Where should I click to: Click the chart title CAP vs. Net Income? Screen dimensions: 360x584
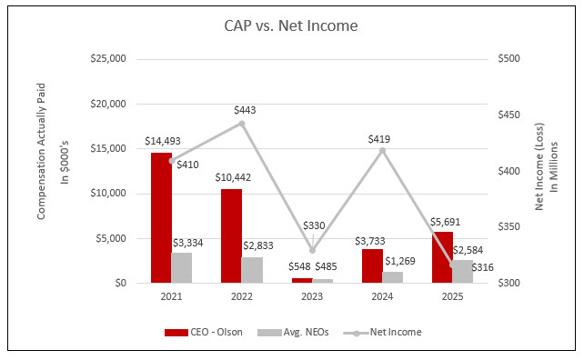point(291,25)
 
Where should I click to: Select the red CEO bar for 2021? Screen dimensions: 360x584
point(160,218)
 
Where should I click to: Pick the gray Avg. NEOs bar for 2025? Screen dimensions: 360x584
point(463,272)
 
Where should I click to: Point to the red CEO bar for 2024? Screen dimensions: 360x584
point(372,266)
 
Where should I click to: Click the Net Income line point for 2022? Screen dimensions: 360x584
point(241,123)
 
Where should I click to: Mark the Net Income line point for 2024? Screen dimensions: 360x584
point(382,150)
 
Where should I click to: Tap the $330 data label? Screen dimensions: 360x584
point(312,225)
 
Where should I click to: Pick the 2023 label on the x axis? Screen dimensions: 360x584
point(312,297)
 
